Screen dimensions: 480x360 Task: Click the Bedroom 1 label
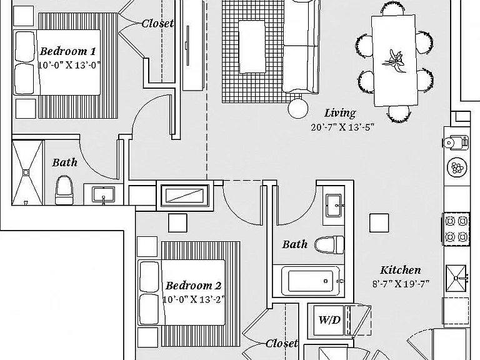point(67,51)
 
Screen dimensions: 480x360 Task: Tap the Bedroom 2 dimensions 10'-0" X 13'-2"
point(194,299)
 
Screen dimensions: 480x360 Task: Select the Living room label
point(340,113)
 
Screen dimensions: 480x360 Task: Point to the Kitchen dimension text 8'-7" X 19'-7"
point(401,284)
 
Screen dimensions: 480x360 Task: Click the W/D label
point(329,320)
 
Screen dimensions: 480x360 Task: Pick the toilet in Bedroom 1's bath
point(64,190)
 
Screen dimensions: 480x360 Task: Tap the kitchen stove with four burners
point(456,229)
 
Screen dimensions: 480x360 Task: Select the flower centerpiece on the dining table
point(394,61)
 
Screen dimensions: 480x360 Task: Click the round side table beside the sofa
point(298,108)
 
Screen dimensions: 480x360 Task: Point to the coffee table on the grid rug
point(252,47)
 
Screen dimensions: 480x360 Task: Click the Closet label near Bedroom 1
point(157,23)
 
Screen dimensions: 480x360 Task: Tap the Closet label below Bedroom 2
point(282,343)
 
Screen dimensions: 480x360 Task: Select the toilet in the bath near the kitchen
point(329,244)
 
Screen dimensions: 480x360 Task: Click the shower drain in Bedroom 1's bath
point(26,172)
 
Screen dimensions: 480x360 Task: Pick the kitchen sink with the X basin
point(456,278)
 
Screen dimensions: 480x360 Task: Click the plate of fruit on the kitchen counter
point(457,167)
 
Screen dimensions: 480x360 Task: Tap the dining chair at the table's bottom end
point(399,114)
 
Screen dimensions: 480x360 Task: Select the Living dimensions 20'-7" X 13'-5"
point(342,127)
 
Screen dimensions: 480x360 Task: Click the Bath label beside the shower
point(64,162)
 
